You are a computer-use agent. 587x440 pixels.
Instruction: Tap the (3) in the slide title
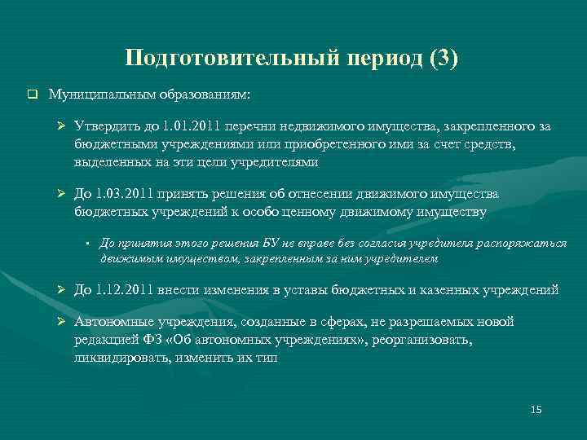(442, 59)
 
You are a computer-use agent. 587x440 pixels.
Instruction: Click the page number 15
(536, 409)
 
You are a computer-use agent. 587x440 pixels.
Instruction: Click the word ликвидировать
(114, 357)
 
